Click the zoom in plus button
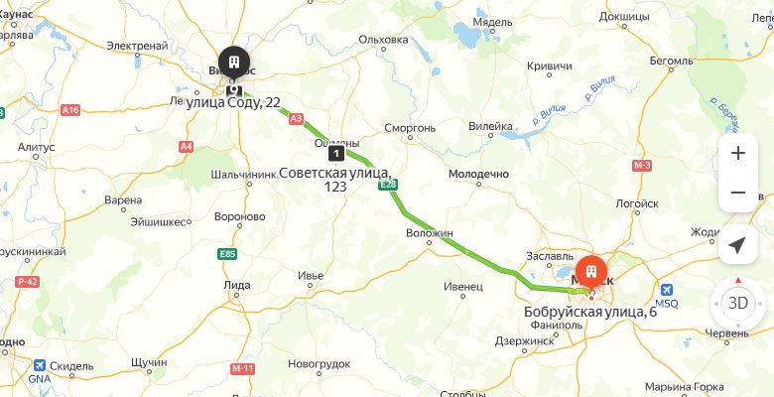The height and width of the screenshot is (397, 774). coord(737,153)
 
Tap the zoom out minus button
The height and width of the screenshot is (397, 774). coord(737,193)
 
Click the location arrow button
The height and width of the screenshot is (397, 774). coord(737,244)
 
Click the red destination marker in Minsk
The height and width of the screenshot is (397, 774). coord(591,273)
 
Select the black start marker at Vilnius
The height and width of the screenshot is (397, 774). coord(234,62)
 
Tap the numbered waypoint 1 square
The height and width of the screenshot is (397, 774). coord(336,153)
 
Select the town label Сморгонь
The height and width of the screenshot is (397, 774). coord(410,128)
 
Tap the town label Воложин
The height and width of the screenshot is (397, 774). coord(429,233)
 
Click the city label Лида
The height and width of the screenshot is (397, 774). coord(237,285)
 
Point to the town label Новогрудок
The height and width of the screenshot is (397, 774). coord(320,363)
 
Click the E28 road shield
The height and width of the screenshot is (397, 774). coord(388,185)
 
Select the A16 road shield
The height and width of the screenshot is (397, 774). coord(69,110)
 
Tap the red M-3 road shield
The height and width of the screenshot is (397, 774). coord(641,165)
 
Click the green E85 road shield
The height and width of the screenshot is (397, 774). coord(227,254)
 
